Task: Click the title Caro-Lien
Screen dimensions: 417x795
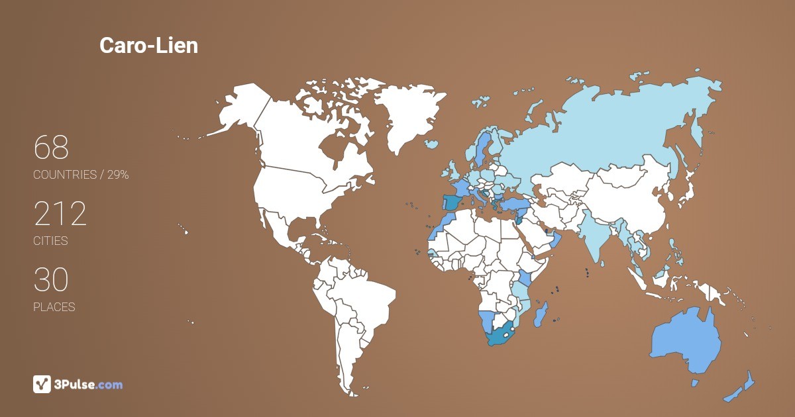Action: pyautogui.click(x=148, y=45)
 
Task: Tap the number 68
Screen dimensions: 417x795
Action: pyautogui.click(x=51, y=148)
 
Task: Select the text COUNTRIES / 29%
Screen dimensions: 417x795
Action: pyautogui.click(x=81, y=175)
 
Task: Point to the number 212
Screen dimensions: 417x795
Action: pyautogui.click(x=60, y=214)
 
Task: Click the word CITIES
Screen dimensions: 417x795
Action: pyautogui.click(x=50, y=241)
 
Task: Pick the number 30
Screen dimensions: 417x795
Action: pyautogui.click(x=51, y=280)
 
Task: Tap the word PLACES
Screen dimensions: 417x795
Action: pyautogui.click(x=54, y=307)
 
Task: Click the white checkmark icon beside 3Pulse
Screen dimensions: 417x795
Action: pyautogui.click(x=42, y=384)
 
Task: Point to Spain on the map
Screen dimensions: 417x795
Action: pyautogui.click(x=452, y=203)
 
